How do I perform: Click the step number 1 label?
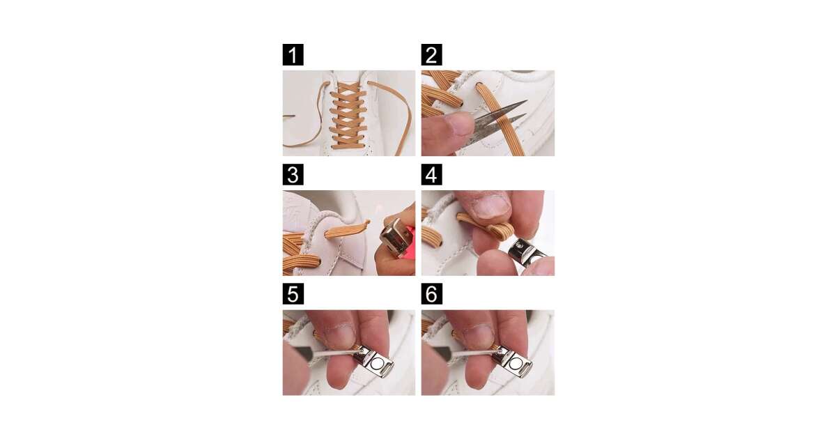pos(293,55)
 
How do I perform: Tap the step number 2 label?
pos(432,55)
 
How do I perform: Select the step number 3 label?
pos(293,174)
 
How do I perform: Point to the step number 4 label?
pos(432,174)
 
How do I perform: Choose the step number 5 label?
pos(293,294)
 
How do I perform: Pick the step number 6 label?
pos(432,294)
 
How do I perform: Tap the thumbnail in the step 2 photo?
pos(460,124)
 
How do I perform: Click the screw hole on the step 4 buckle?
pos(520,246)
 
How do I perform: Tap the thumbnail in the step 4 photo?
pos(493,206)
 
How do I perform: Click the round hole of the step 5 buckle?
pos(376,362)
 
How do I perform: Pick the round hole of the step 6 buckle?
pos(515,362)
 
